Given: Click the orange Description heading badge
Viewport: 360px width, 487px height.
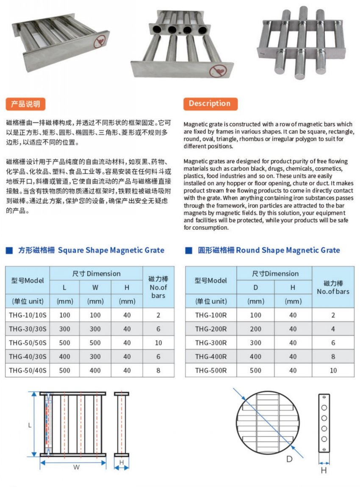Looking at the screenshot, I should click(x=210, y=103).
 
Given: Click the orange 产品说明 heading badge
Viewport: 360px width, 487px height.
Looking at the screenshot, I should click(x=25, y=104).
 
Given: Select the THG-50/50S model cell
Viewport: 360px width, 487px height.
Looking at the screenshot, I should click(x=28, y=342).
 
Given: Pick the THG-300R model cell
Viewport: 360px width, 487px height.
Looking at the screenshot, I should click(x=211, y=342).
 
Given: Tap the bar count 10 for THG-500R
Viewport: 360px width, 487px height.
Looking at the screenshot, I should click(x=333, y=370).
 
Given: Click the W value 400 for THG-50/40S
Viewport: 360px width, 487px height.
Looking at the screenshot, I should click(x=95, y=370).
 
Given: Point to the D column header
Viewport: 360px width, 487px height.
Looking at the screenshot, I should click(x=255, y=287).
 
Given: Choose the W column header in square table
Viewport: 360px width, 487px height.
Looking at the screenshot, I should click(x=95, y=287).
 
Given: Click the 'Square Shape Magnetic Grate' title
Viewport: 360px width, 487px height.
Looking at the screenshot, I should click(x=111, y=250).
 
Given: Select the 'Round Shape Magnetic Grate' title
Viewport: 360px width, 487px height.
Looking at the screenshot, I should click(x=288, y=250).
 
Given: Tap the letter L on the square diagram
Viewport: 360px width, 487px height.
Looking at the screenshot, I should click(x=30, y=425).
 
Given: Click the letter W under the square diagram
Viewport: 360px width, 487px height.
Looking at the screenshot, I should click(x=76, y=467).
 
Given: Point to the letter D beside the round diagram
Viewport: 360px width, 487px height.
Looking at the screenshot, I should click(x=289, y=459).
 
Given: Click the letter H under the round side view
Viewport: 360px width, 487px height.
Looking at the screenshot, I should click(x=324, y=470).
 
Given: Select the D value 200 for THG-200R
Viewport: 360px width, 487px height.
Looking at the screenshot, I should click(x=255, y=328).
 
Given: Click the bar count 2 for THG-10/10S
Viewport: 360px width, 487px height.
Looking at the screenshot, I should click(x=158, y=315).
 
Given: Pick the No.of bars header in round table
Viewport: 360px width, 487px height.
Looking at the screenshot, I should click(x=333, y=287).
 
